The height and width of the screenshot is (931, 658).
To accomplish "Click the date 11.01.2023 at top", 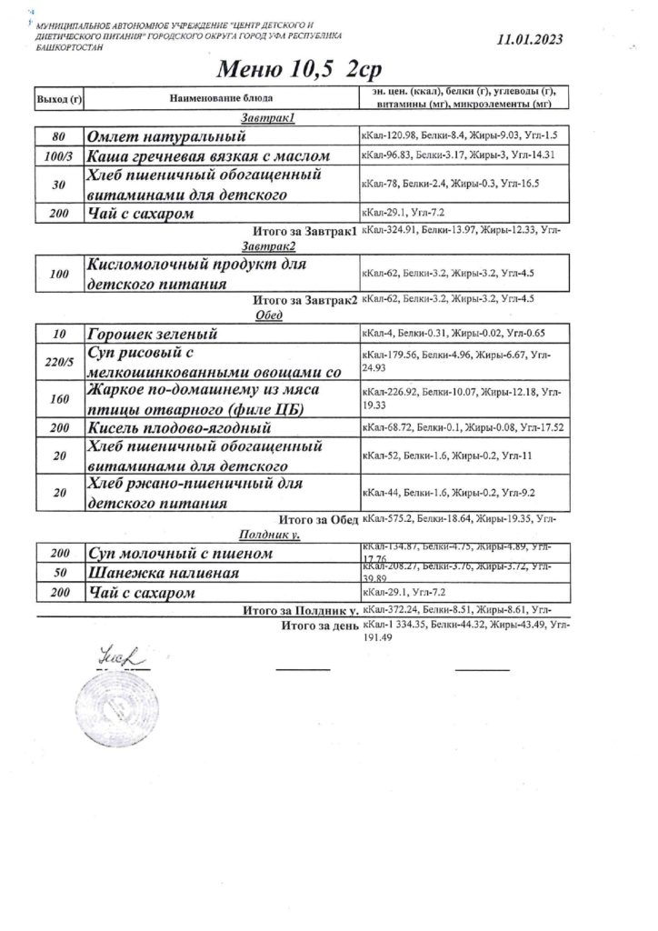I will click(530, 39).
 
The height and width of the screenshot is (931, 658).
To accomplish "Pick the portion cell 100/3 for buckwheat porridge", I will click(57, 155).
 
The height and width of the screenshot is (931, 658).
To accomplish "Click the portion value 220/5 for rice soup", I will click(57, 362).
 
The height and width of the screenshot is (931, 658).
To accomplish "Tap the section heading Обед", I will click(270, 315).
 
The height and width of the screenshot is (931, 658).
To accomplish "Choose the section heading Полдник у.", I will click(270, 536).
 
